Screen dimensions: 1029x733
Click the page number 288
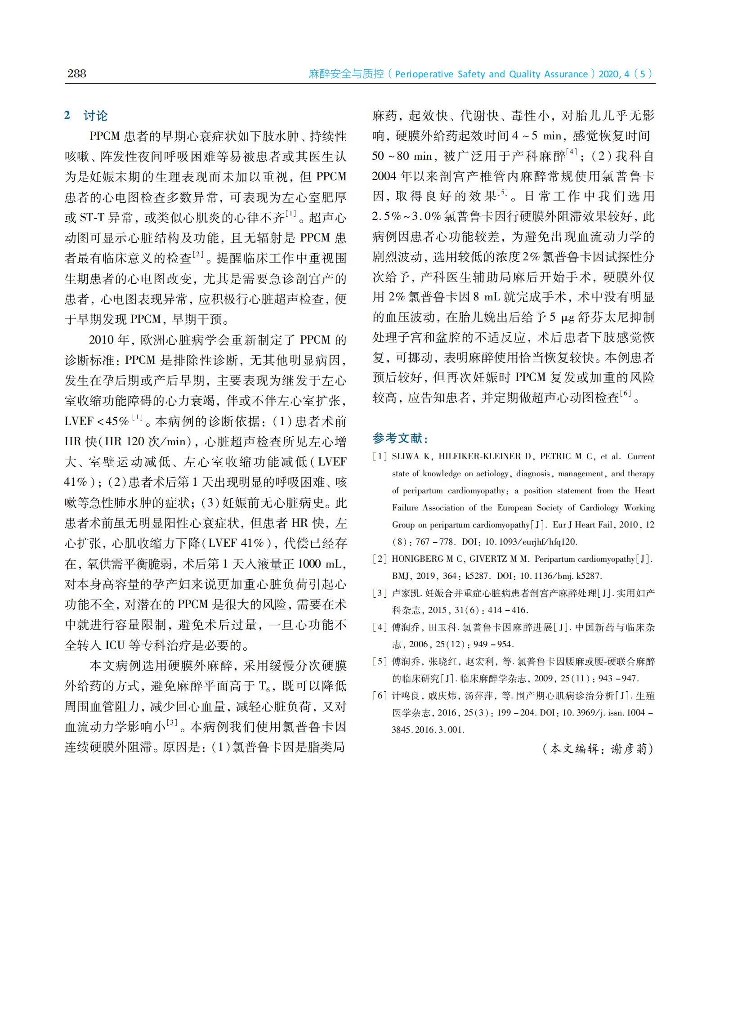pyautogui.click(x=76, y=74)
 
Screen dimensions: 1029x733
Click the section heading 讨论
pyautogui.click(x=95, y=116)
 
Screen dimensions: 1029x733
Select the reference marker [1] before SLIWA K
pyautogui.click(x=380, y=457)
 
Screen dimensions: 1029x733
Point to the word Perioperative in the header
pyautogui.click(x=424, y=75)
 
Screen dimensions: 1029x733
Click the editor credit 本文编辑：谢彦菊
pyautogui.click(x=598, y=749)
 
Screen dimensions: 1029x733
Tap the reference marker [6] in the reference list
pyautogui.click(x=380, y=696)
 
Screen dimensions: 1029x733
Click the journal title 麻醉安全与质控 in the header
pyautogui.click(x=346, y=74)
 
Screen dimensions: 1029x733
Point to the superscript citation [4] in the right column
pyautogui.click(x=572, y=152)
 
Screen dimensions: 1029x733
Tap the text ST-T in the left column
pyautogui.click(x=92, y=218)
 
